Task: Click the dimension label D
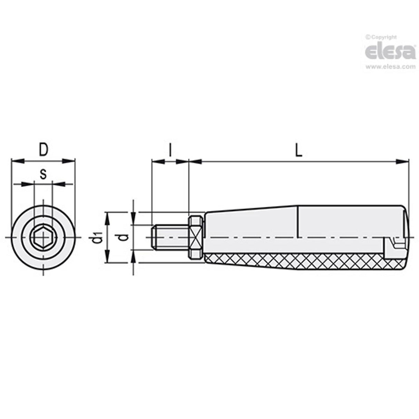pyautogui.click(x=43, y=150)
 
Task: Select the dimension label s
pyautogui.click(x=43, y=174)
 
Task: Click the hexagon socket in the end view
pyautogui.click(x=43, y=237)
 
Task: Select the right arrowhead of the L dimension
pyautogui.click(x=402, y=161)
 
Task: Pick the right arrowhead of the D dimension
pyautogui.click(x=69, y=160)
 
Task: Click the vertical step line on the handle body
pyautogui.click(x=298, y=221)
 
